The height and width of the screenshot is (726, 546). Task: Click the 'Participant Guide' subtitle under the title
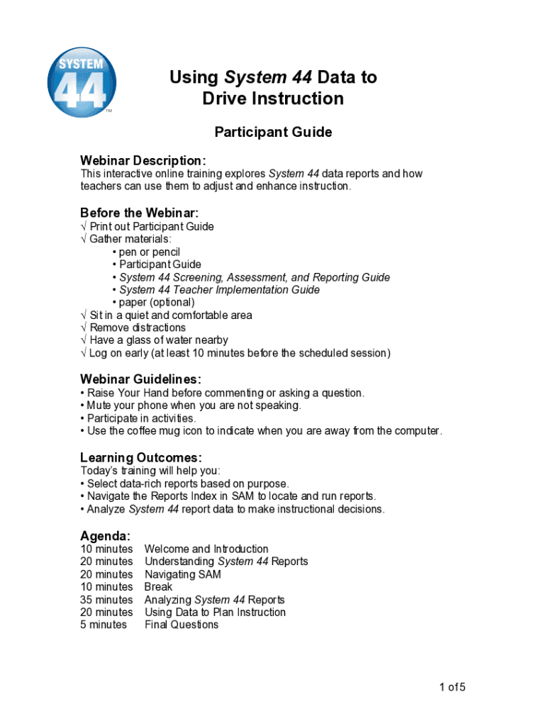[273, 132]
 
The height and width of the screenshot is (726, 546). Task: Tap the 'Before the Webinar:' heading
[139, 213]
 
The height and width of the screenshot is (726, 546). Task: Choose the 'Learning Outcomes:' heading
[141, 457]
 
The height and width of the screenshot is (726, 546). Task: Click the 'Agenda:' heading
[105, 536]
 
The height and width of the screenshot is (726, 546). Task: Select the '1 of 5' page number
[452, 686]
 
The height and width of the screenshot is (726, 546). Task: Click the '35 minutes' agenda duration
[106, 600]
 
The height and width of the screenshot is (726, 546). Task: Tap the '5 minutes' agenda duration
[104, 625]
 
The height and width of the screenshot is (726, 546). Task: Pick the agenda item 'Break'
[158, 587]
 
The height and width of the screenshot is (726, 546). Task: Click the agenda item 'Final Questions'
[182, 625]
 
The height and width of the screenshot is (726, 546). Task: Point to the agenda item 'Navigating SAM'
[183, 574]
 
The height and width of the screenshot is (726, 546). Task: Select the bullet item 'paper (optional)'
[156, 302]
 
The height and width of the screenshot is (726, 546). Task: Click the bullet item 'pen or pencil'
[149, 252]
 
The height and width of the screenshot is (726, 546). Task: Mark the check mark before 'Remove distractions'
[84, 328]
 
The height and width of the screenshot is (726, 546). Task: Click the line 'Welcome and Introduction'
[206, 549]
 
